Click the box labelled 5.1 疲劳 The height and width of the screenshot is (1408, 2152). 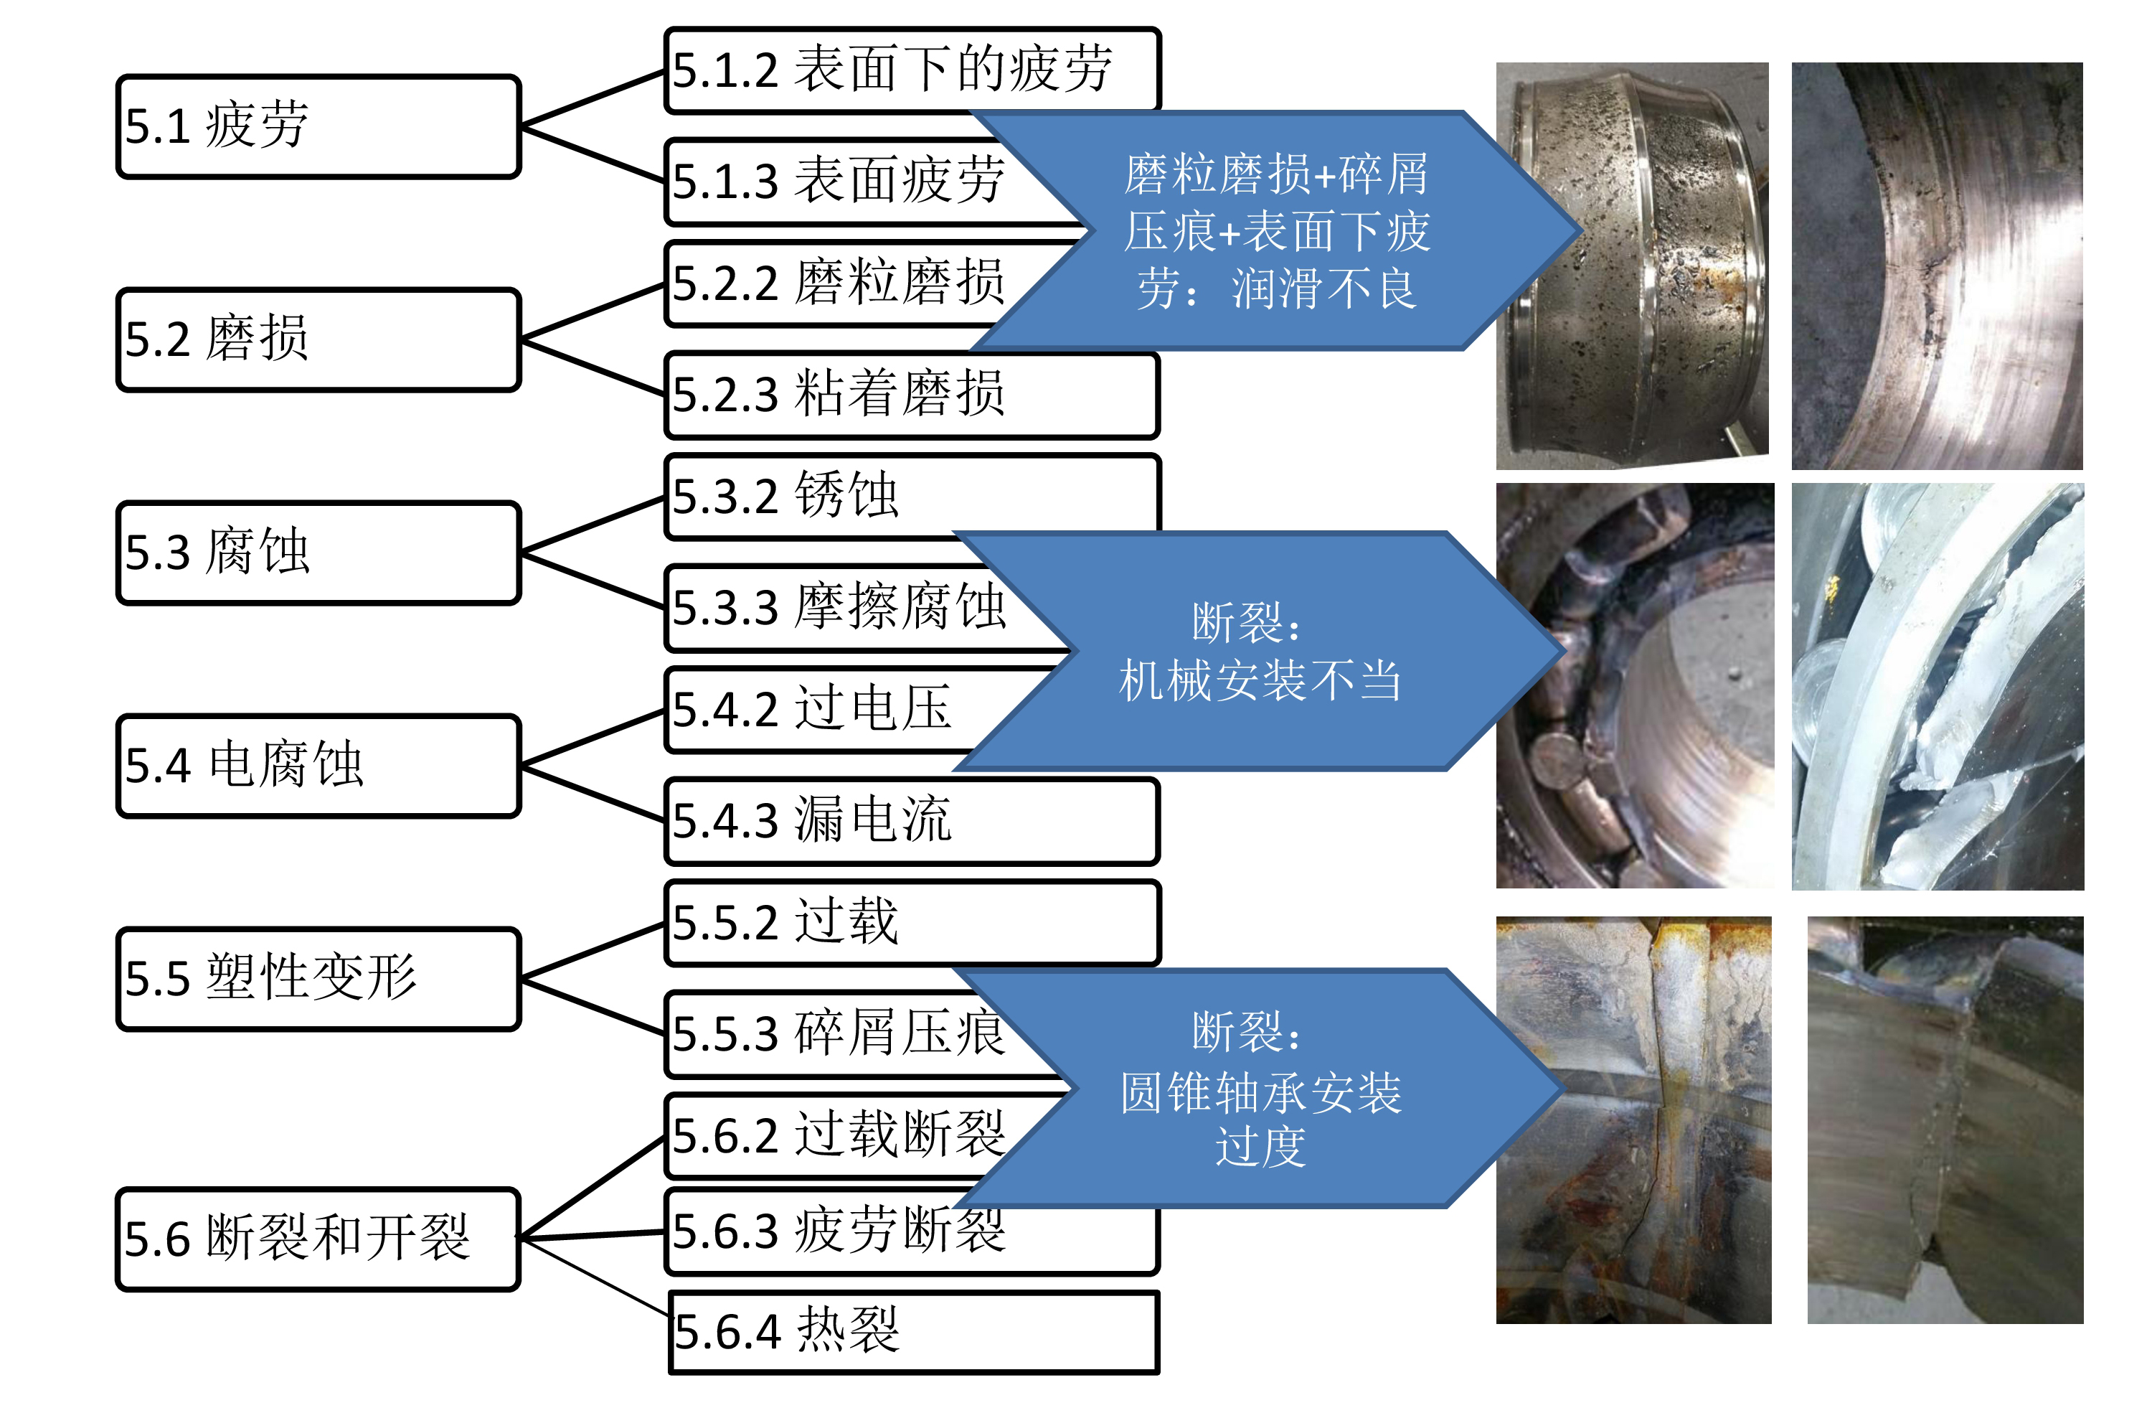click(318, 126)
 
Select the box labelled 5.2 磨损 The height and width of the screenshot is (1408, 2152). click(318, 340)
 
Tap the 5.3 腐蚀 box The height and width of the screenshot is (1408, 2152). click(318, 553)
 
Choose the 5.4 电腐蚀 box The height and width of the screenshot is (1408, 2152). click(318, 766)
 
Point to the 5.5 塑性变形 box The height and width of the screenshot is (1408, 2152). click(318, 978)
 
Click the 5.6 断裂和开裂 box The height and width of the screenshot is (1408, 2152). click(318, 1239)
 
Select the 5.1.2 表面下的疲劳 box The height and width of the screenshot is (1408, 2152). click(912, 70)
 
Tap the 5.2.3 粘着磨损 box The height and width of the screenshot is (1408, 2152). click(912, 395)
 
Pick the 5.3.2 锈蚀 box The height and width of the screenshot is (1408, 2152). click(912, 497)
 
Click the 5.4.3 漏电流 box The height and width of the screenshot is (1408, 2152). click(912, 821)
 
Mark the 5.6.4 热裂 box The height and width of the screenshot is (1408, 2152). click(913, 1333)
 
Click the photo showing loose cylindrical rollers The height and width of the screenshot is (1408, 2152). click(1634, 685)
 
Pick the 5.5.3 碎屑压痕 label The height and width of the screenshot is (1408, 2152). click(837, 1033)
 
